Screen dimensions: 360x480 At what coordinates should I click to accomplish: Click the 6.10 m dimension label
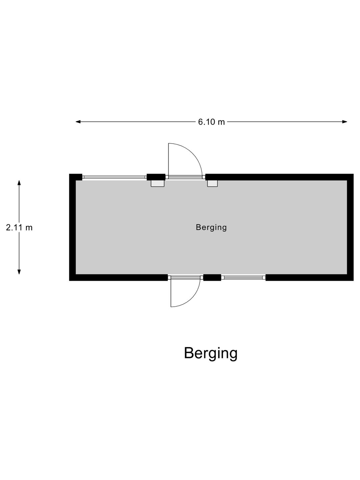(211, 122)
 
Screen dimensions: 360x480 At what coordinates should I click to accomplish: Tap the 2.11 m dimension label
(19, 228)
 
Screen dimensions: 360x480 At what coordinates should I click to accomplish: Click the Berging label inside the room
(211, 227)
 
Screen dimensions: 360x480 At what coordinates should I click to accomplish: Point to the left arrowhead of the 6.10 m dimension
(78, 122)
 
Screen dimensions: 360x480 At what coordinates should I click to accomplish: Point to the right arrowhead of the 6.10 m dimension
(345, 122)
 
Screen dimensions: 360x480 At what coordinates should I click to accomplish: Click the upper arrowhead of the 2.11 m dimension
(19, 183)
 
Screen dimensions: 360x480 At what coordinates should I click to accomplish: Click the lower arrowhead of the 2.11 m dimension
(19, 272)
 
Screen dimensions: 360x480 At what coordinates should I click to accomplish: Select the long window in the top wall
(114, 177)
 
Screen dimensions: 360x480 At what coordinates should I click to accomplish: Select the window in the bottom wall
(243, 278)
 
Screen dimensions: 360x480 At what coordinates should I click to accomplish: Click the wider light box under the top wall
(158, 183)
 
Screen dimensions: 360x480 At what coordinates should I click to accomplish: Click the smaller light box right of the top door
(212, 183)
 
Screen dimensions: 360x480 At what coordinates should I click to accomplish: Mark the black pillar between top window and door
(156, 177)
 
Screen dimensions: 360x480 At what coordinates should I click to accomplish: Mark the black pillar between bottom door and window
(212, 278)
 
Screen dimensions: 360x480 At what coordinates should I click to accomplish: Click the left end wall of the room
(72, 227)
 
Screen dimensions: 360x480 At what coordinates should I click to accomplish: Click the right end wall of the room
(350, 227)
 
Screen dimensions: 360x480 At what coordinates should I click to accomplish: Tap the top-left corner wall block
(75, 177)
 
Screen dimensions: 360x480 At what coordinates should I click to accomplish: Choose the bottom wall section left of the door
(118, 278)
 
